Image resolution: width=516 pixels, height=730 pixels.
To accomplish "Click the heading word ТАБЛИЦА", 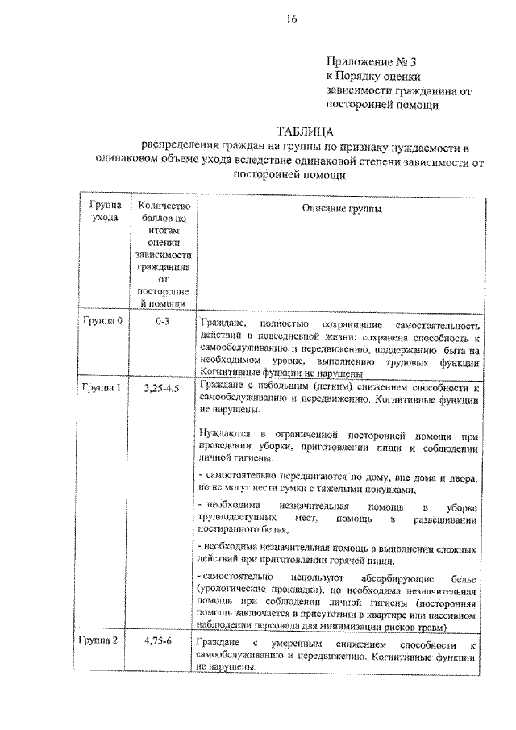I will [306, 131].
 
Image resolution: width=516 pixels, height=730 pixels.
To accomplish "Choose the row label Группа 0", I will [102, 320].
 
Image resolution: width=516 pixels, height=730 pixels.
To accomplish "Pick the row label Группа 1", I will [102, 388].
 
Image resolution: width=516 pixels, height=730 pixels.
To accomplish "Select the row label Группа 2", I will [102, 641].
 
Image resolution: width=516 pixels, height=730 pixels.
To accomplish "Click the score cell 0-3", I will [163, 320].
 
